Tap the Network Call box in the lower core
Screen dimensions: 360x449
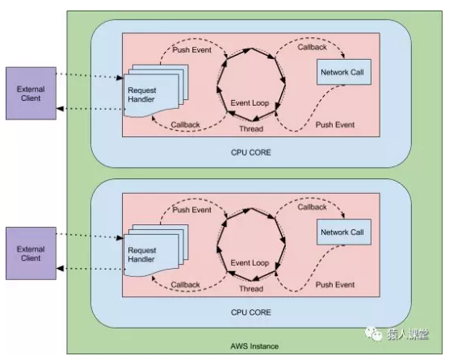click(342, 233)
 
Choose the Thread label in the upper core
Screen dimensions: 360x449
click(252, 129)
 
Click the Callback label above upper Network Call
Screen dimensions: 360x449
click(312, 48)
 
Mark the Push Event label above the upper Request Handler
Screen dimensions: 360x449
click(191, 50)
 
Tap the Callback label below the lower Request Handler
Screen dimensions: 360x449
click(187, 284)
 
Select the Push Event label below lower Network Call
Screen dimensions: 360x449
click(335, 285)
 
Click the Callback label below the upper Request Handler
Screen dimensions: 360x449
click(187, 125)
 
